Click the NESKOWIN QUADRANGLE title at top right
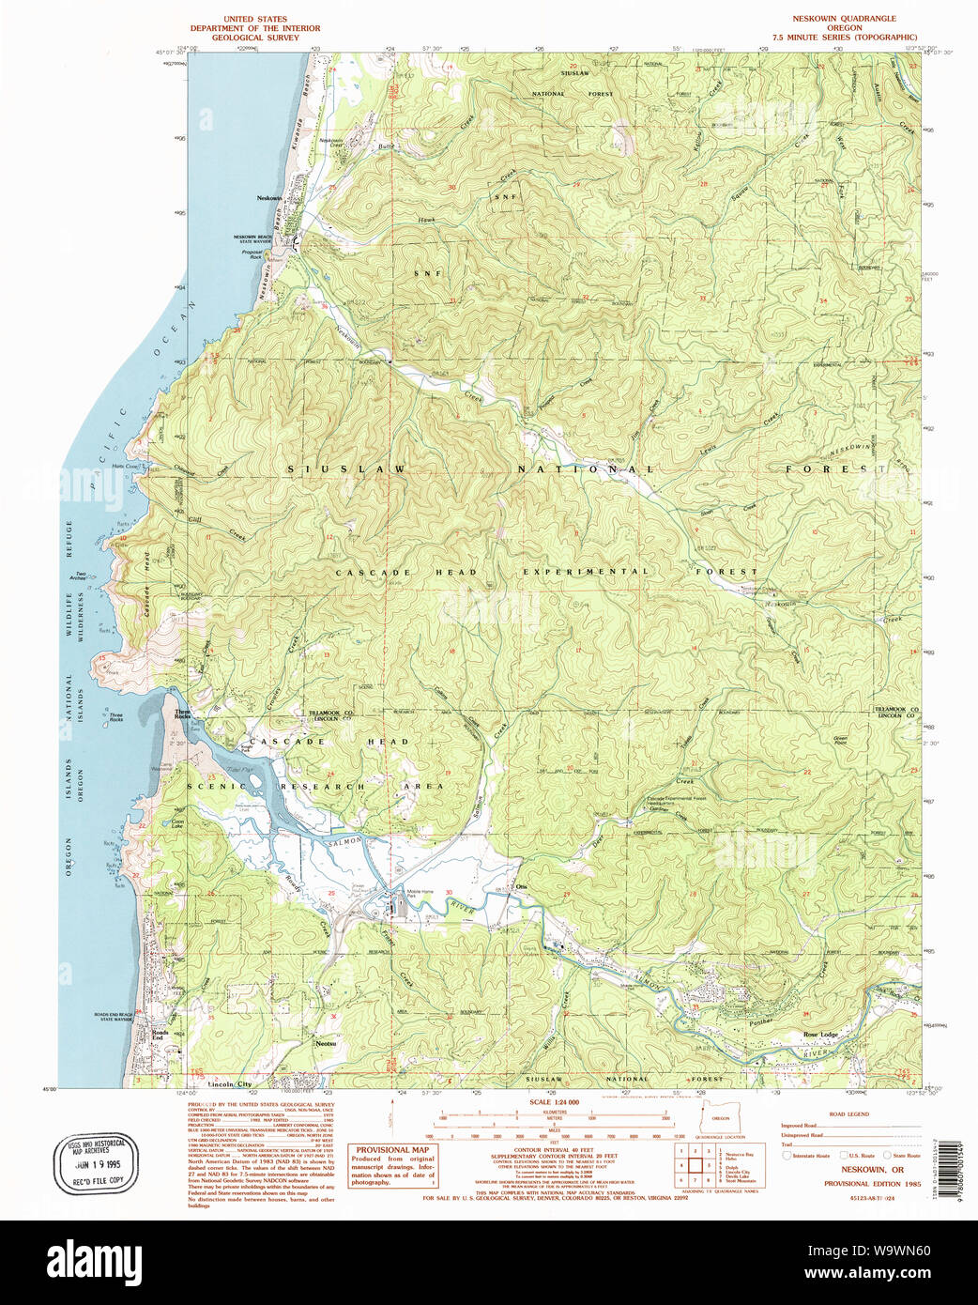pyautogui.click(x=844, y=19)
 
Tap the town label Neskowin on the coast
pyautogui.click(x=269, y=198)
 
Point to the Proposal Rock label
pyautogui.click(x=252, y=253)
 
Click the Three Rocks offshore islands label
pyautogui.click(x=115, y=717)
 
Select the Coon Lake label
pyautogui.click(x=177, y=824)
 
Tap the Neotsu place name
pyautogui.click(x=326, y=1043)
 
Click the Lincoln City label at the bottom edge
pyautogui.click(x=229, y=1083)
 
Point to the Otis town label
pyautogui.click(x=523, y=887)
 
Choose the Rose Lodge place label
pyautogui.click(x=820, y=1034)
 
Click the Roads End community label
pyautogui.click(x=160, y=1035)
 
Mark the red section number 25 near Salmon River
pyautogui.click(x=331, y=893)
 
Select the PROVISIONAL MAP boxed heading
pyautogui.click(x=392, y=1149)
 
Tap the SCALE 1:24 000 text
pyautogui.click(x=554, y=1102)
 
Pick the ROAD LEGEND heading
pyautogui.click(x=848, y=1114)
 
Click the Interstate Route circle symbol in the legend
pyautogui.click(x=787, y=1156)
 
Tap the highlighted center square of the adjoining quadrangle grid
pyautogui.click(x=695, y=1165)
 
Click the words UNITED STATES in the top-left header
pyautogui.click(x=254, y=19)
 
